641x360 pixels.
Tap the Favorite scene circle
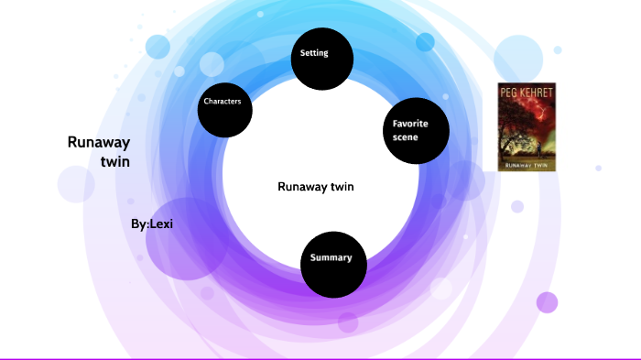[415, 131]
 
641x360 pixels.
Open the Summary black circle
[332, 264]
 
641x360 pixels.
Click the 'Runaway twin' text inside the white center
[315, 187]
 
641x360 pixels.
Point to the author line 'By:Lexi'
[152, 224]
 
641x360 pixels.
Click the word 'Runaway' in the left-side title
[99, 142]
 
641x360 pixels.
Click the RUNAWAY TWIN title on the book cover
[526, 165]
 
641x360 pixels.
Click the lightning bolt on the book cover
[546, 115]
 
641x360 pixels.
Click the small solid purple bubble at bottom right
[547, 302]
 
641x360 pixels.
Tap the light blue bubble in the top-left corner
[158, 47]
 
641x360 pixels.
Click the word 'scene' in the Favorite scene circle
[407, 139]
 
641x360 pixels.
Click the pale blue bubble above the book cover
[519, 58]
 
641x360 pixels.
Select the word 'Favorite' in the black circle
[410, 124]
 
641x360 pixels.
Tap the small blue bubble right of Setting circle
[425, 42]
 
